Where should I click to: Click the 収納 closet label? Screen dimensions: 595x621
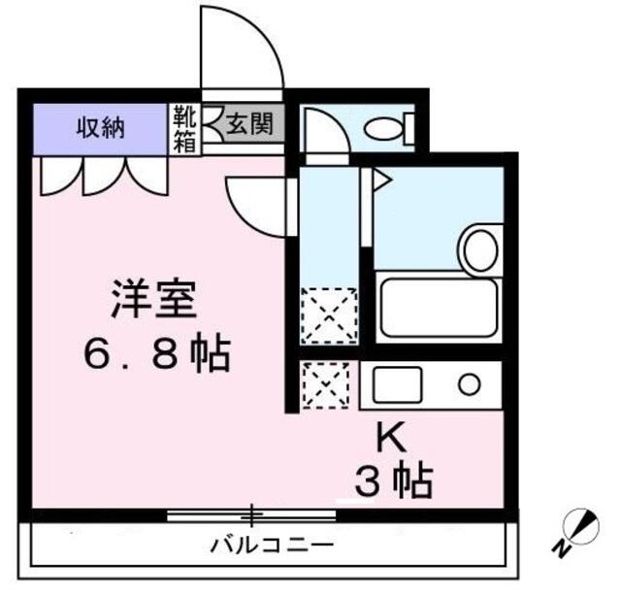[101, 126]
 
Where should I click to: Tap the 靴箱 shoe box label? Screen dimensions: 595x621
[184, 128]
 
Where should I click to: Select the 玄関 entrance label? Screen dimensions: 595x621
[248, 124]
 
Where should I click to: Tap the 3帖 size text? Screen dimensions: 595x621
[392, 480]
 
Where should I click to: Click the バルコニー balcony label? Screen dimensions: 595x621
[273, 545]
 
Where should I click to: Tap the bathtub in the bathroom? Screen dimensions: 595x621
[438, 309]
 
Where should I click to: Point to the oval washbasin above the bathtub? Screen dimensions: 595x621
[478, 249]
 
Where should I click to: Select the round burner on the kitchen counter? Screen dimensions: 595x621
[470, 385]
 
